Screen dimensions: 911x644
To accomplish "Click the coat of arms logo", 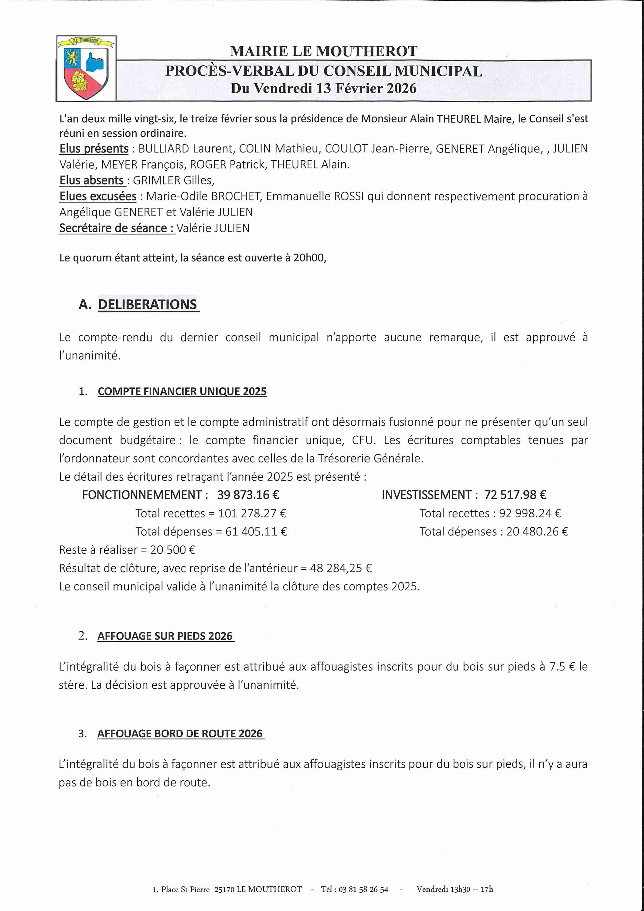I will tap(86, 68).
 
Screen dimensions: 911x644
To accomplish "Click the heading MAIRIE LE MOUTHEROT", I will tap(324, 51).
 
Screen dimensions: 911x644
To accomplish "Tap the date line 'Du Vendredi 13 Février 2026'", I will tap(324, 88).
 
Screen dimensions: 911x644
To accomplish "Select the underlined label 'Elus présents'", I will tap(94, 149).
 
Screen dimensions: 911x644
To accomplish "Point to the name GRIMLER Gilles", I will tap(173, 181).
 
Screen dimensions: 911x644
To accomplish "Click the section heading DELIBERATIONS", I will tap(147, 304).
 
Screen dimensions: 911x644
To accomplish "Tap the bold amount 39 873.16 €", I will tap(248, 495).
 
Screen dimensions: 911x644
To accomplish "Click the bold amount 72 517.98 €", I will tap(515, 495).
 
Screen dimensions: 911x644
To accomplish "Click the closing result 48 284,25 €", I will tap(341, 568).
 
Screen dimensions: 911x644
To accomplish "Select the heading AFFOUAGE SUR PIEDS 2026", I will tap(165, 636).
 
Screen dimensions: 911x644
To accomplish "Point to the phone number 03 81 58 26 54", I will tap(363, 889).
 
